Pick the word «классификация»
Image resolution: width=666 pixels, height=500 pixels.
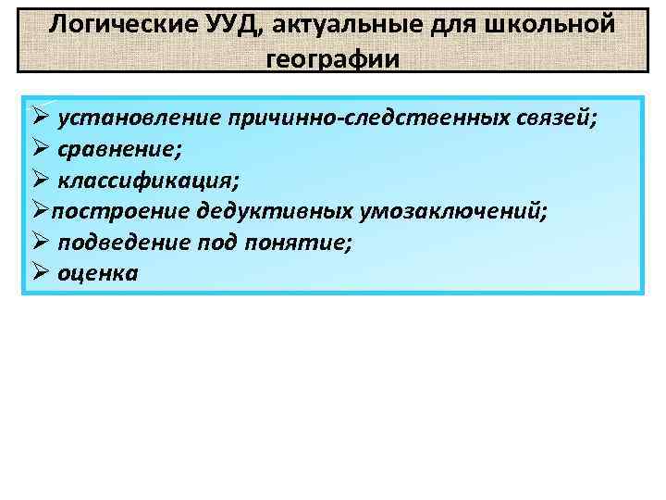tap(149, 180)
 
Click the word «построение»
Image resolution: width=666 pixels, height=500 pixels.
tap(121, 210)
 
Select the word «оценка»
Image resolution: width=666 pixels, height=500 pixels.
tap(97, 273)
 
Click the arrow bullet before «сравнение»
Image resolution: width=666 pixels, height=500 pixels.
tap(39, 148)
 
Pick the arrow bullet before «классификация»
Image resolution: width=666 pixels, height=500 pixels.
tap(39, 179)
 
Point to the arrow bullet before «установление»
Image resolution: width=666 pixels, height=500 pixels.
tap(39, 118)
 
